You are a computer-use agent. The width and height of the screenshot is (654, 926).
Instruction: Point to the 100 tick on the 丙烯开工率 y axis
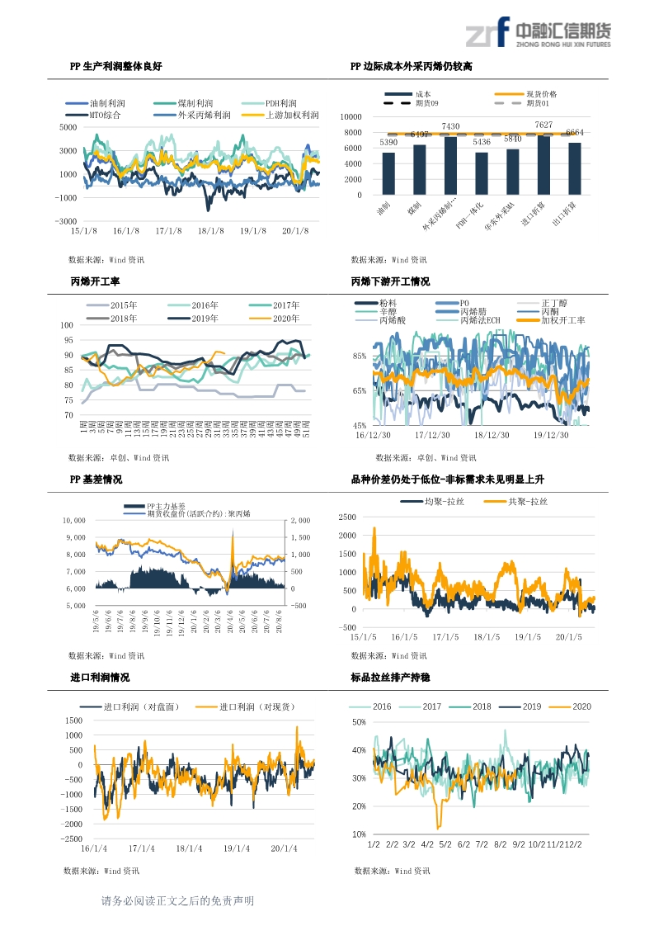pos(68,325)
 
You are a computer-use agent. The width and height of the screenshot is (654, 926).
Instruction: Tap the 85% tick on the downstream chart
pos(360,357)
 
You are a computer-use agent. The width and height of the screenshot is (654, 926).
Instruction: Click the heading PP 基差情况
pos(96,480)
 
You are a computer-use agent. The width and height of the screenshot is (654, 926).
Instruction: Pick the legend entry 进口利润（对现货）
pos(257,707)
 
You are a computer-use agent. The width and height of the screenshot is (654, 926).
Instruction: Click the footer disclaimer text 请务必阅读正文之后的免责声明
pos(177,901)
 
